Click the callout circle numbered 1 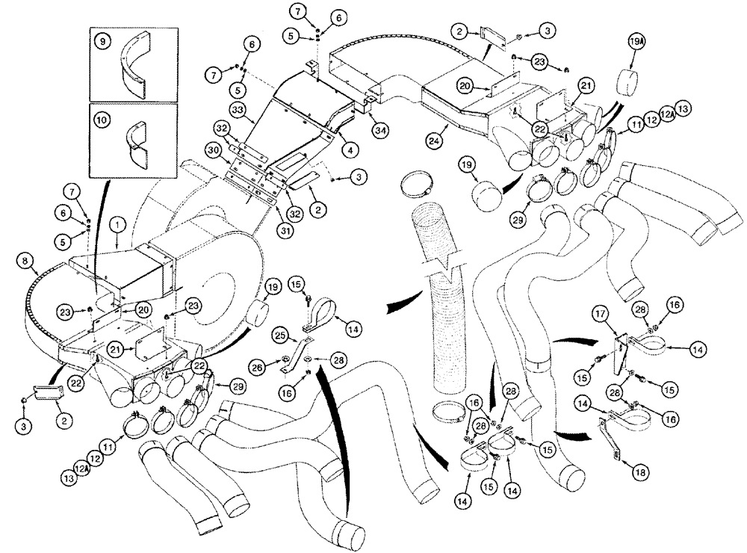tap(117, 223)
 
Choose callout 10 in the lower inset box tap(102, 117)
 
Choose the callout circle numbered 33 tap(238, 110)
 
